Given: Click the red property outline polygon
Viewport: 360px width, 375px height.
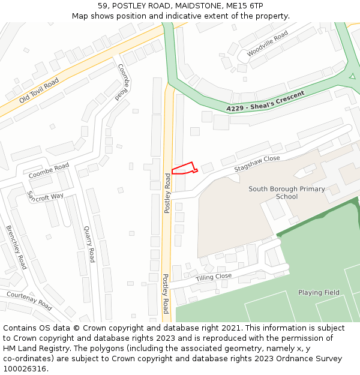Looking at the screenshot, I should point(183,169).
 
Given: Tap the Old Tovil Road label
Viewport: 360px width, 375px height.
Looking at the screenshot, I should point(38,90).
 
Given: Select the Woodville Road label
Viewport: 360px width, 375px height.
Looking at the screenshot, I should point(268,44).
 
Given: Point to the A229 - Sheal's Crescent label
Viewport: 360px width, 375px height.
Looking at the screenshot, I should point(265,101).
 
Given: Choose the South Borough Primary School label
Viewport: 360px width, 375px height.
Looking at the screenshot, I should point(286,193).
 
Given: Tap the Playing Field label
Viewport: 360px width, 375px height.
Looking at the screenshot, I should point(319,293).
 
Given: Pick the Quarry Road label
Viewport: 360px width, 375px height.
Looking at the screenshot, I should point(89,244).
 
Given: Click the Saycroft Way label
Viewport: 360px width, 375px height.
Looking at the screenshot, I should point(45,197).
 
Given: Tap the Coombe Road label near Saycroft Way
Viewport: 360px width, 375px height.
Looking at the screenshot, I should point(49,170).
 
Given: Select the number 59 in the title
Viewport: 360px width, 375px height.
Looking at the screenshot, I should point(103,5).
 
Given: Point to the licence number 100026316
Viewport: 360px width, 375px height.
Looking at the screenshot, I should point(25,369).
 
